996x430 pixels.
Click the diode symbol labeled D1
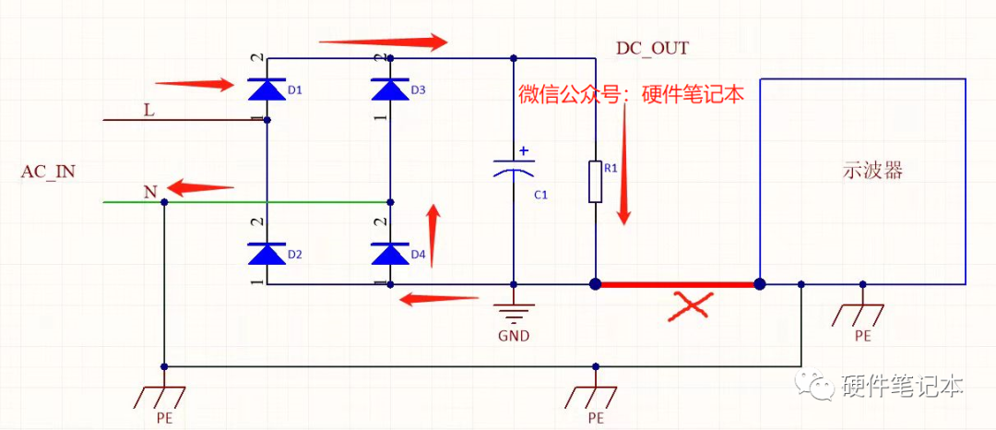click(267, 90)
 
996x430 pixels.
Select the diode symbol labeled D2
click(267, 253)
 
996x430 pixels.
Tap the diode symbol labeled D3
click(390, 90)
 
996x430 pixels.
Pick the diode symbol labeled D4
click(390, 253)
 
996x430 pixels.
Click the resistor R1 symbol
click(596, 182)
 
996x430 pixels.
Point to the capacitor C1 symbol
click(514, 170)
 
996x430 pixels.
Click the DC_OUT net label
click(652, 48)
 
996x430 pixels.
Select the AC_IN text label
click(48, 173)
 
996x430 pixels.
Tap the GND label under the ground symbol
click(514, 336)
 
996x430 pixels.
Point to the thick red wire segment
click(677, 284)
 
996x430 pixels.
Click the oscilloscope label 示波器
click(871, 171)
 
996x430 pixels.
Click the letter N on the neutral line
click(149, 192)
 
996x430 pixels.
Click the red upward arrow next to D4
click(433, 235)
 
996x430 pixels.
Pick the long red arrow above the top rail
click(382, 42)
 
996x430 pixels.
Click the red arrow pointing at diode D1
click(194, 85)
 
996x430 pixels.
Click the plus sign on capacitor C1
click(525, 150)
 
